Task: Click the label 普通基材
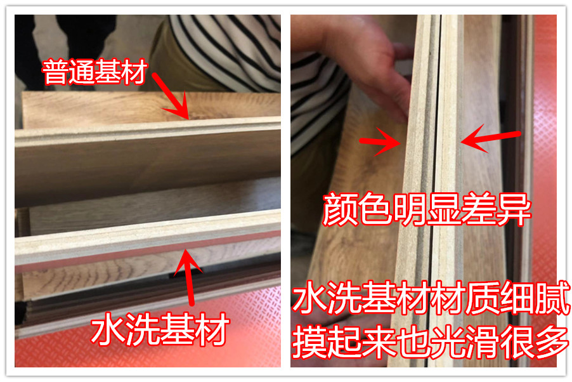tap(95, 72)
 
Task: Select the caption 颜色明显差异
tap(427, 209)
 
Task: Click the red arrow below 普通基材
tap(171, 96)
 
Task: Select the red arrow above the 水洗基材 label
tap(188, 277)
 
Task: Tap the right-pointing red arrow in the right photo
tap(380, 142)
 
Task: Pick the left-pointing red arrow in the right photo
tap(491, 139)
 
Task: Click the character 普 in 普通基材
tap(55, 72)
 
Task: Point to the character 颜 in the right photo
tap(340, 209)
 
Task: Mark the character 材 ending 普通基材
tap(135, 72)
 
